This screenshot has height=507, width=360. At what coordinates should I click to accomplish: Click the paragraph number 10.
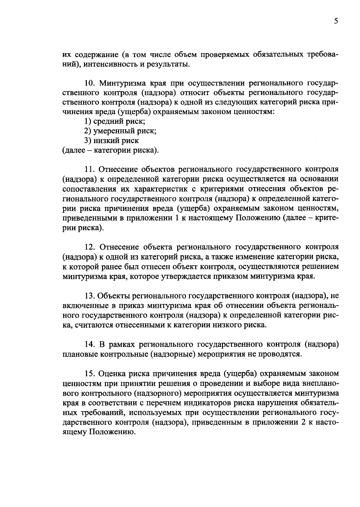[x=89, y=83]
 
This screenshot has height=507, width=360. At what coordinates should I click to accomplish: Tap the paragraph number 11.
[x=89, y=169]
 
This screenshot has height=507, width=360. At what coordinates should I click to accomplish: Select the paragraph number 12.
[x=89, y=247]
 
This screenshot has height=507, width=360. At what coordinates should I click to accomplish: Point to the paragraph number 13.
[x=89, y=296]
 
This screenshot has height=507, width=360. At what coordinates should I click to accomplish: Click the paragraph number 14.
[x=89, y=344]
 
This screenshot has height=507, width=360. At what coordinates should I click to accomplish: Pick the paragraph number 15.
[x=89, y=373]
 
